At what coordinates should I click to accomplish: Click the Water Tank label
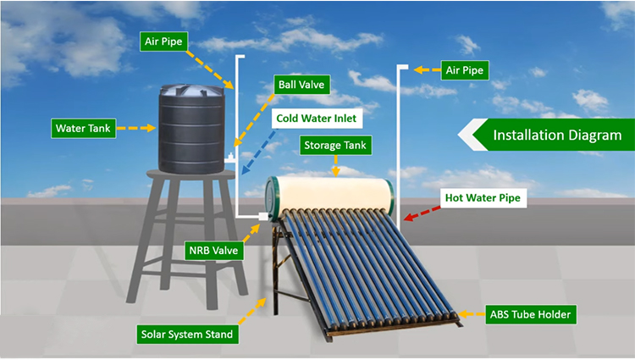pyautogui.click(x=80, y=129)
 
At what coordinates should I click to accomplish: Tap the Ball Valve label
pyautogui.click(x=301, y=85)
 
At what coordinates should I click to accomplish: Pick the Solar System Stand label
pyautogui.click(x=186, y=334)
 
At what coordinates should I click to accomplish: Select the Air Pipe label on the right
pyautogui.click(x=464, y=70)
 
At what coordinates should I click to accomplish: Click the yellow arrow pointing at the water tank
pyautogui.click(x=135, y=129)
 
